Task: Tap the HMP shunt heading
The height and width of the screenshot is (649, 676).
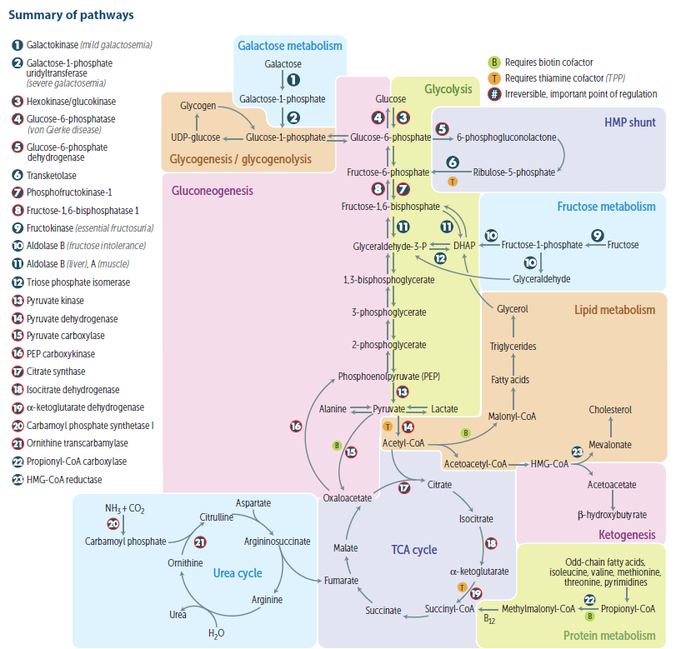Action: [x=630, y=123]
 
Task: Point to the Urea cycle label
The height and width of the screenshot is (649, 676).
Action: [x=238, y=573]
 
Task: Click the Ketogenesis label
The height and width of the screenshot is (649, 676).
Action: [x=627, y=534]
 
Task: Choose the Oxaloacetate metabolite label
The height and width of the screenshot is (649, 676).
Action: [x=348, y=497]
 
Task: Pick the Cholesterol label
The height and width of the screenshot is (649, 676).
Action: [x=610, y=409]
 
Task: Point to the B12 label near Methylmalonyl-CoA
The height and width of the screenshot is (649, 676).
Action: [x=492, y=618]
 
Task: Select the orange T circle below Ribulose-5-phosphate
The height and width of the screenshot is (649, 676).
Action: [x=453, y=181]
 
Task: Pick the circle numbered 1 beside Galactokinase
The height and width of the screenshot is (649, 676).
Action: [x=18, y=45]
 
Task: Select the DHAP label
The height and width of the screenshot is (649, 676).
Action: [x=463, y=246]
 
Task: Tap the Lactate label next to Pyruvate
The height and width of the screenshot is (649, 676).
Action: [x=444, y=409]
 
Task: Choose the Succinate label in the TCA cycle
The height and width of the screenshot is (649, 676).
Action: [x=383, y=611]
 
